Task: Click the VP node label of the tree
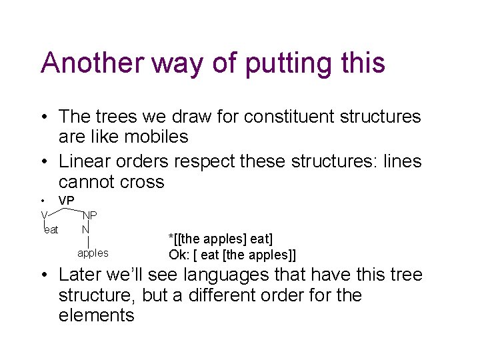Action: [67, 201]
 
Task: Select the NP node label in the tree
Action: [89, 215]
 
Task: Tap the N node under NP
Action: [85, 229]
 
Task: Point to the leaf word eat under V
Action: [51, 230]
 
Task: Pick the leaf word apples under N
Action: [93, 253]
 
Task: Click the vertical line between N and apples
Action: [89, 241]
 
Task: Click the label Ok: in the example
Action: [181, 255]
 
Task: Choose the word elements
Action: [97, 315]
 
